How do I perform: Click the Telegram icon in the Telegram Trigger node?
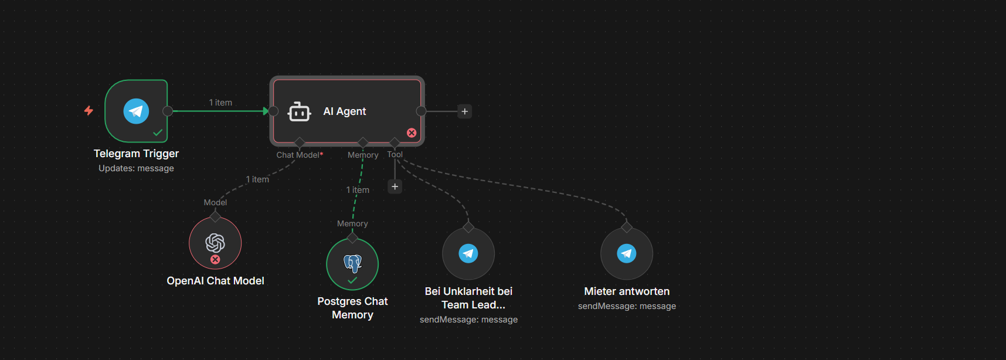pyautogui.click(x=136, y=111)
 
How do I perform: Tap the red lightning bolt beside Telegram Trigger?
pyautogui.click(x=89, y=110)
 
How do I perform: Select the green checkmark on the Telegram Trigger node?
pyautogui.click(x=158, y=133)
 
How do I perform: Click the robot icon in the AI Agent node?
pyautogui.click(x=299, y=111)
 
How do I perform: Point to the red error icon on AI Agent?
pyautogui.click(x=412, y=133)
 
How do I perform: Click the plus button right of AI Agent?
pyautogui.click(x=465, y=111)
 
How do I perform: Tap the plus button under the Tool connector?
pyautogui.click(x=395, y=186)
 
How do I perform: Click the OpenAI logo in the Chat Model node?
pyautogui.click(x=215, y=242)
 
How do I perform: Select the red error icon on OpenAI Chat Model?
pyautogui.click(x=215, y=259)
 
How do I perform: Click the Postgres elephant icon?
pyautogui.click(x=352, y=263)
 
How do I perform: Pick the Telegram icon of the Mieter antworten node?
pyautogui.click(x=627, y=253)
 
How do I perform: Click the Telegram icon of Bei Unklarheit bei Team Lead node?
pyautogui.click(x=468, y=253)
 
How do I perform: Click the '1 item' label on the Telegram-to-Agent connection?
pyautogui.click(x=220, y=103)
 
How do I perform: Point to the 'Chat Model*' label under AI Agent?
pyautogui.click(x=300, y=155)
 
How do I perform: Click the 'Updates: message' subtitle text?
pyautogui.click(x=136, y=168)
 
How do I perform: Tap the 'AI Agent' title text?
pyautogui.click(x=345, y=111)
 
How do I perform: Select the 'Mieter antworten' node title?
pyautogui.click(x=627, y=291)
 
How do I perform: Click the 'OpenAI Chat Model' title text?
pyautogui.click(x=215, y=281)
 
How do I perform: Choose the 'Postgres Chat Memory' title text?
pyautogui.click(x=352, y=308)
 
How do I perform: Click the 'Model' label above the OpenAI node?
pyautogui.click(x=215, y=202)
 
